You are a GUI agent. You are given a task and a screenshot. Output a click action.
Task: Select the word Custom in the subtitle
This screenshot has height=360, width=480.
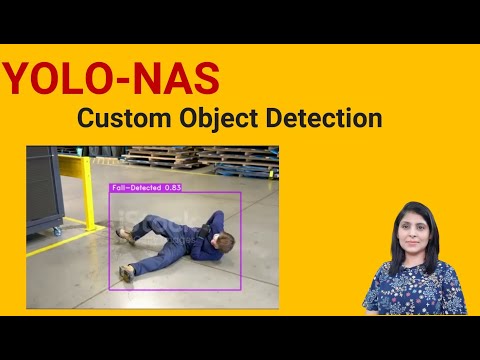121,119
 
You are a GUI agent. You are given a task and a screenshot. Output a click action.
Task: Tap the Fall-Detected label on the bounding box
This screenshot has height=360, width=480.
135,187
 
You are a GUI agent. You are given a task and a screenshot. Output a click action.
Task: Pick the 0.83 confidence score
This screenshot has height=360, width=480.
174,187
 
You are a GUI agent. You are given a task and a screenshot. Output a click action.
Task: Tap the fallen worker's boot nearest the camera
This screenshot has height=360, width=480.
127,271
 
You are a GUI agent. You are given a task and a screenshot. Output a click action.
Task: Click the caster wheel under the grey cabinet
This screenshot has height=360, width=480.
42,232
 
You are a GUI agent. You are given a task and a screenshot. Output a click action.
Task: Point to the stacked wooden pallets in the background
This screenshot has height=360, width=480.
200,158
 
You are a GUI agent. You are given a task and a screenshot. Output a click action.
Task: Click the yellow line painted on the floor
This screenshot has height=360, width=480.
80,241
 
